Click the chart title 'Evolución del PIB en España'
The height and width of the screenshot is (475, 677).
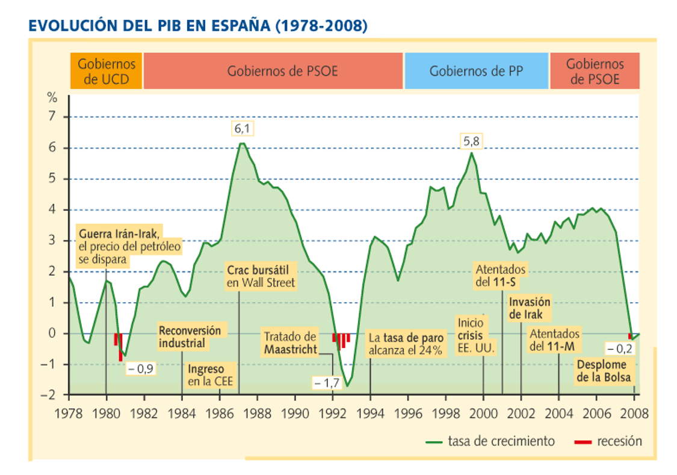(x=198, y=25)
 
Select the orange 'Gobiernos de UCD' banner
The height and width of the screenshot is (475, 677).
(x=106, y=71)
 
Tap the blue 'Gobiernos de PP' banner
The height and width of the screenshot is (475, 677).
(x=476, y=71)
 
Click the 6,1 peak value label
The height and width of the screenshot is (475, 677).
(x=242, y=128)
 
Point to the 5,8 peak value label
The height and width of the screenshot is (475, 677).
(x=471, y=141)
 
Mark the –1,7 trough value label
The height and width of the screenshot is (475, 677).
(x=327, y=383)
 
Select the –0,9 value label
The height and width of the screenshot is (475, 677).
(x=141, y=368)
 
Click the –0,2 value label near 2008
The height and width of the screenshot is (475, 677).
(x=620, y=349)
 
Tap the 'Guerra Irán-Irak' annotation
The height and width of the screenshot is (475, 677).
(x=129, y=247)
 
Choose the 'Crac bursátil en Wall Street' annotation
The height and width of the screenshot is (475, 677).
(x=261, y=276)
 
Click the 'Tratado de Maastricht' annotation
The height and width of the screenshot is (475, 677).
(x=290, y=343)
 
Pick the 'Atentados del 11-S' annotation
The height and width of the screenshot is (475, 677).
(x=501, y=276)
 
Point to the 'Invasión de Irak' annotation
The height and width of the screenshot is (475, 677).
(x=530, y=308)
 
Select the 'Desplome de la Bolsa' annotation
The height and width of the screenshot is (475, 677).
(x=604, y=370)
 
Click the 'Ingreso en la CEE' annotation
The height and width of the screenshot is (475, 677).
(x=211, y=375)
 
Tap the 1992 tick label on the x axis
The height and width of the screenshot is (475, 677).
(x=332, y=414)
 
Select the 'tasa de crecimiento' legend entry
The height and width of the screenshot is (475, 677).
(x=490, y=441)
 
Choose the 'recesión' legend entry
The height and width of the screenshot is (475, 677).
(x=608, y=441)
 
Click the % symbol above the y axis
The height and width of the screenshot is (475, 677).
(x=52, y=98)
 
